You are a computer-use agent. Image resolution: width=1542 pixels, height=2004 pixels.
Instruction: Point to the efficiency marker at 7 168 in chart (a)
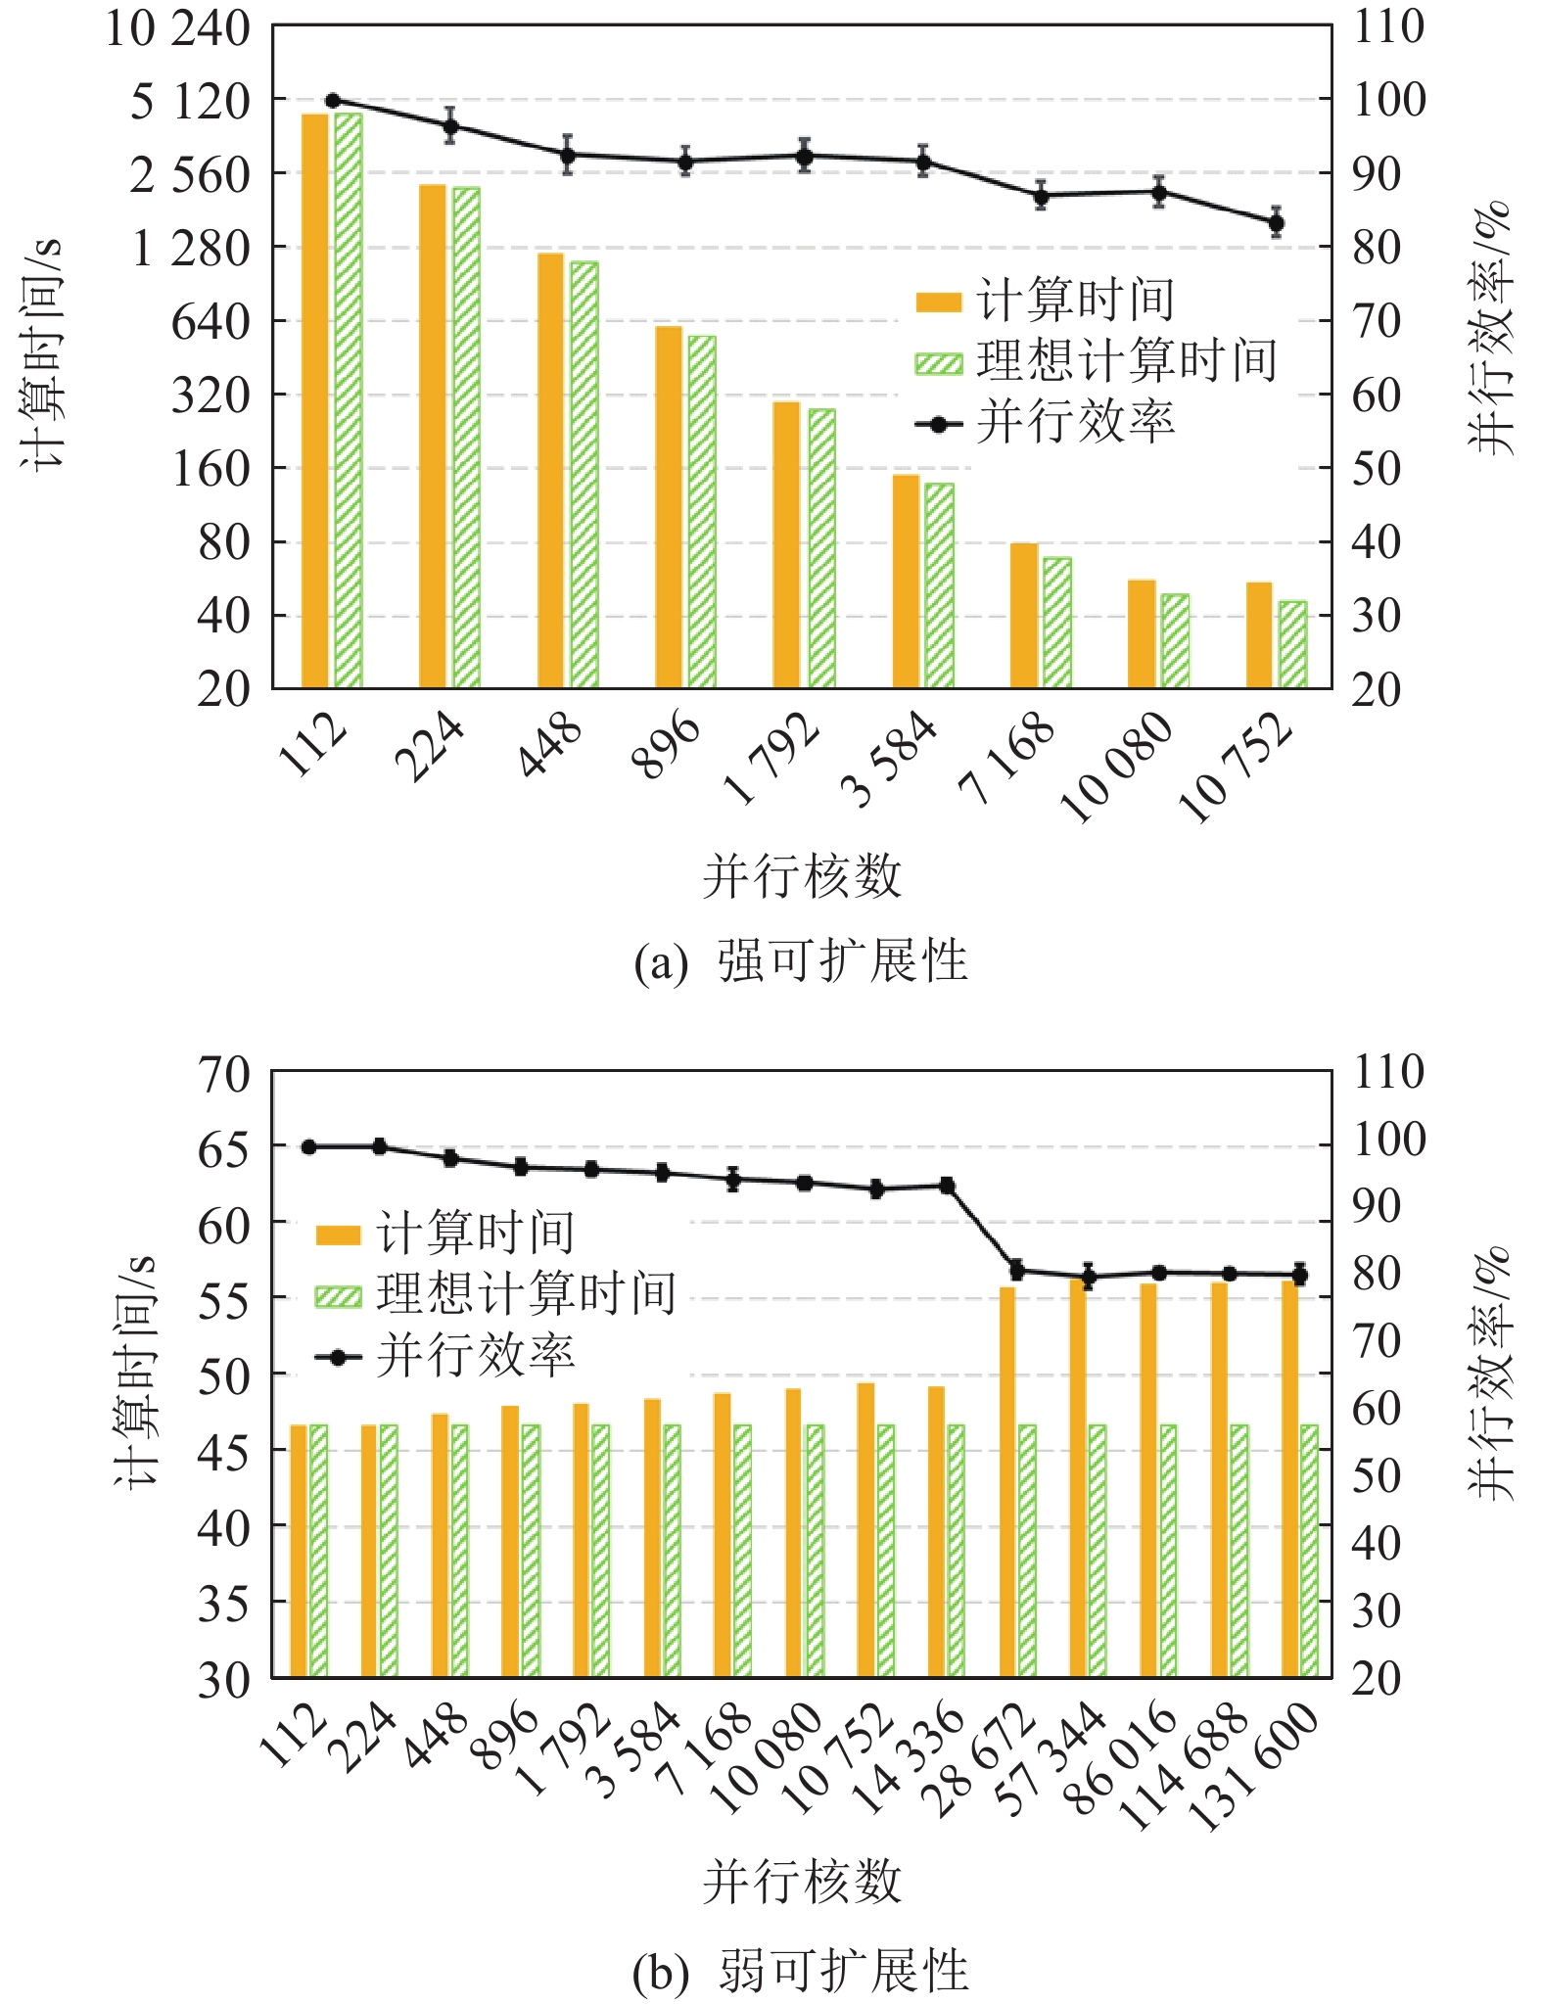(x=1041, y=196)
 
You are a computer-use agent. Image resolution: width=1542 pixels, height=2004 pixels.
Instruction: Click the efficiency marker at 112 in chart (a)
(x=333, y=101)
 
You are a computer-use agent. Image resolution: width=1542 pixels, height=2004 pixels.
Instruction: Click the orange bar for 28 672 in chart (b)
(x=1007, y=1483)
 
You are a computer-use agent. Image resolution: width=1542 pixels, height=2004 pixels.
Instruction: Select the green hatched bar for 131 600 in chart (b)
(x=1310, y=1552)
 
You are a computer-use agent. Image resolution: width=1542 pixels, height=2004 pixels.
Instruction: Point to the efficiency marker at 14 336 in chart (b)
(x=947, y=1186)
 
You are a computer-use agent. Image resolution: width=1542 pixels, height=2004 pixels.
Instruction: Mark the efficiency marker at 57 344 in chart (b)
(x=1088, y=1277)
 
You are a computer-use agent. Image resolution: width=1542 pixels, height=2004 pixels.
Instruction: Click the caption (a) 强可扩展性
(x=801, y=961)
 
